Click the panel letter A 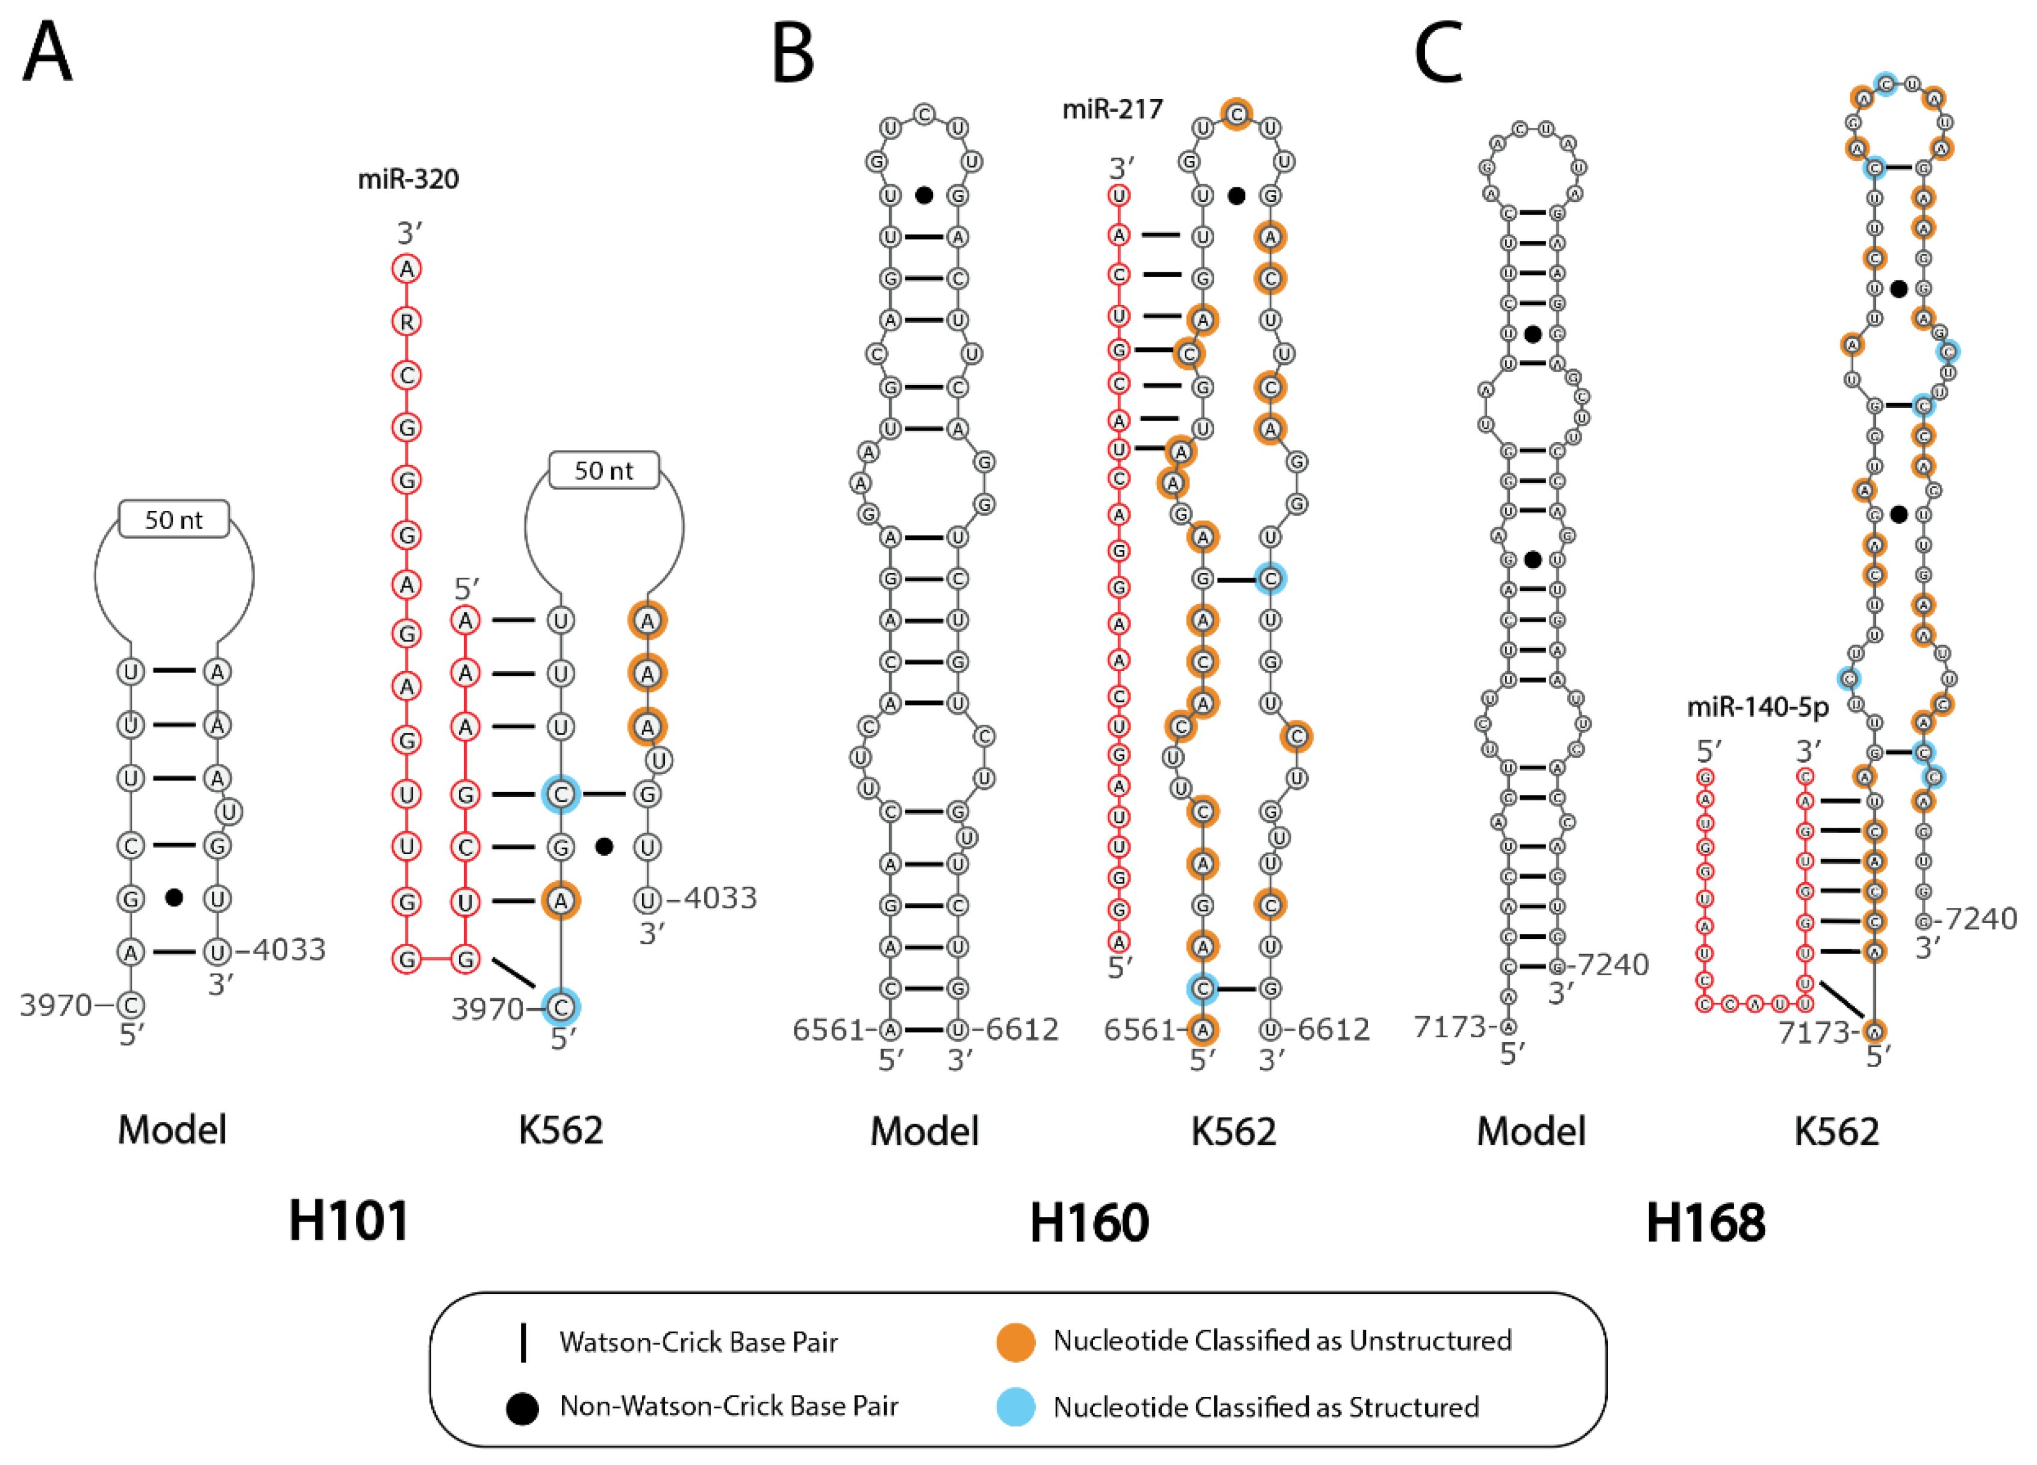(47, 54)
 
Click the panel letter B (793, 54)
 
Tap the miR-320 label (408, 180)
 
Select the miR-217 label (1112, 110)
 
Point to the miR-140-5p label (1758, 708)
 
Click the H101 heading (349, 1222)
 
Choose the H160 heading (1088, 1223)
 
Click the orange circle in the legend (1016, 1342)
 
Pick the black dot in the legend (522, 1408)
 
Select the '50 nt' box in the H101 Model (174, 520)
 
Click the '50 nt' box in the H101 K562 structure (604, 470)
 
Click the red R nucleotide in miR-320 (407, 322)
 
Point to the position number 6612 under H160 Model (1022, 1029)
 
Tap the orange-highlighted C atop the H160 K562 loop (1237, 114)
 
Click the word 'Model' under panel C (1531, 1131)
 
